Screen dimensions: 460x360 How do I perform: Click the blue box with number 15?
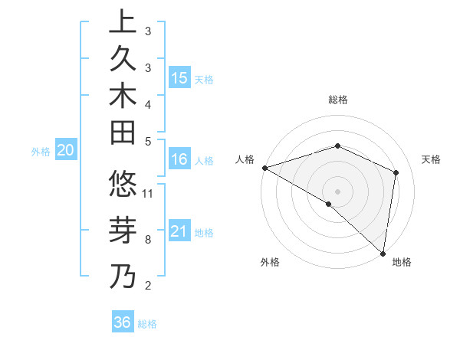[179, 78]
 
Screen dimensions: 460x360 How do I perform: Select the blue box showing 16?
[179, 160]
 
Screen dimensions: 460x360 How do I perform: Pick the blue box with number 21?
[179, 231]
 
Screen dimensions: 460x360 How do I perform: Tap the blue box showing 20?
[66, 151]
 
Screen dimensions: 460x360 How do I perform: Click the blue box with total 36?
[122, 322]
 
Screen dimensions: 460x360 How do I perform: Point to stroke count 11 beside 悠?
[148, 192]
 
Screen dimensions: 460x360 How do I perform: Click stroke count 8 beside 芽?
[147, 240]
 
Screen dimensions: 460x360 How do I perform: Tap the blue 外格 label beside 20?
[41, 152]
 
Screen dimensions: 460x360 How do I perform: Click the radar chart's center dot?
[337, 191]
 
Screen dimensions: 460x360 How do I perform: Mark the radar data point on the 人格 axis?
[264, 167]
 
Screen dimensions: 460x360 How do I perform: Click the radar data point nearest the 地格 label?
[383, 253]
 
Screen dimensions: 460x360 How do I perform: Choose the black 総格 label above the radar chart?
[337, 100]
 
